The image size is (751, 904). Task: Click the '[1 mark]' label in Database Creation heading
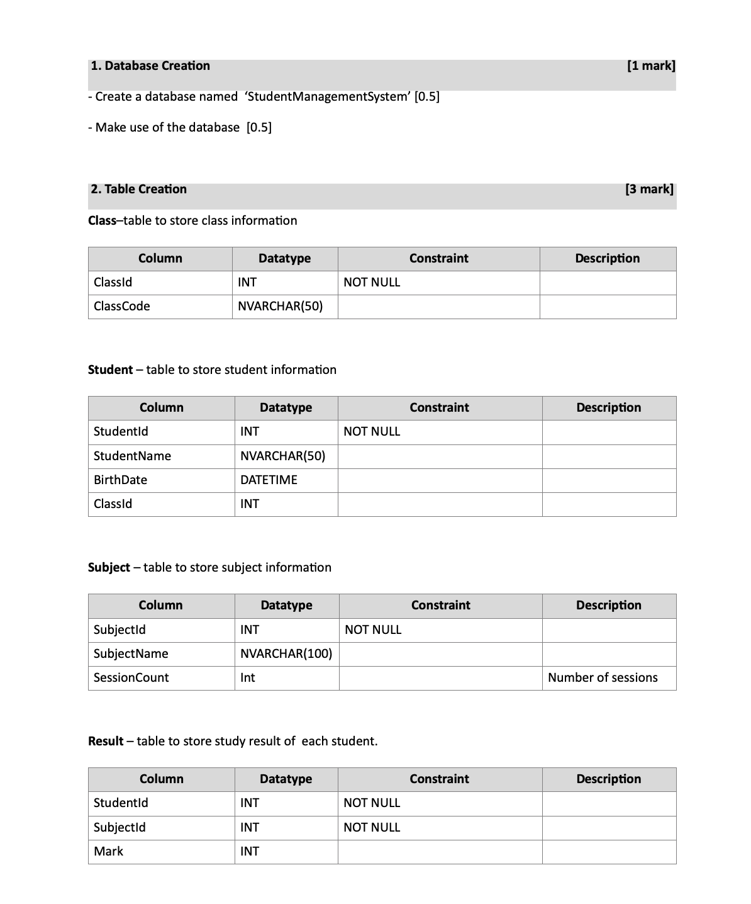click(x=651, y=65)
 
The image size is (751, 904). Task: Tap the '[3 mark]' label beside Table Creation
click(x=649, y=189)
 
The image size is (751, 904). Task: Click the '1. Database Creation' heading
click(x=150, y=65)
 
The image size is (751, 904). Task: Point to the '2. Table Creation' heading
click(x=138, y=189)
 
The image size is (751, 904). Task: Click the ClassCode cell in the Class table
click(x=122, y=306)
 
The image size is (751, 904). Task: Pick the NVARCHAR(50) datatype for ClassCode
click(x=280, y=306)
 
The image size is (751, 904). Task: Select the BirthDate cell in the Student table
click(x=120, y=480)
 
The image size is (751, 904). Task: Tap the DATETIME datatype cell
click(x=269, y=480)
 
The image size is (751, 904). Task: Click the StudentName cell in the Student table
click(x=132, y=456)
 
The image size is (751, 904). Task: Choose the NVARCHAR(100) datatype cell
click(x=286, y=653)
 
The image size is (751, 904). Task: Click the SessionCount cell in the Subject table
click(x=131, y=677)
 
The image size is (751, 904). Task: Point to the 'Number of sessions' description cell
click(x=603, y=677)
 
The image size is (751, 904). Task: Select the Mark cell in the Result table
click(x=108, y=851)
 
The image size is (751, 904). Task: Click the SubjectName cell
click(x=131, y=653)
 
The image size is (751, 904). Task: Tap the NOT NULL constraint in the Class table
click(x=372, y=282)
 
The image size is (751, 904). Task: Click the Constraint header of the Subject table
click(x=440, y=605)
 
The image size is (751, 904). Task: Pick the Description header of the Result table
click(x=608, y=779)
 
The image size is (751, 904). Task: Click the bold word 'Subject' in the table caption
click(x=109, y=567)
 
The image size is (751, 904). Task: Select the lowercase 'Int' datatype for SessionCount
click(x=248, y=677)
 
